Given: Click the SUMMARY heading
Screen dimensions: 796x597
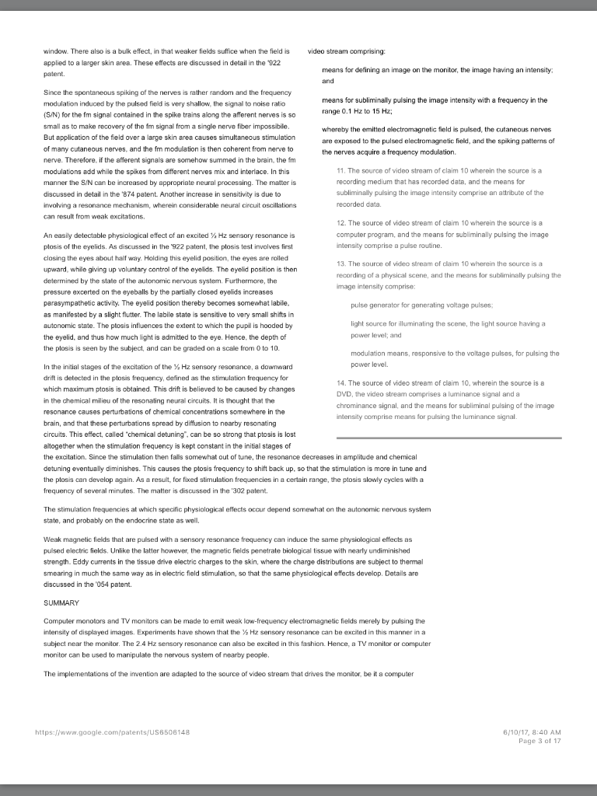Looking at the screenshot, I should (61, 602).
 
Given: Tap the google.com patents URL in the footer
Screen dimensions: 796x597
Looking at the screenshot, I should (113, 731).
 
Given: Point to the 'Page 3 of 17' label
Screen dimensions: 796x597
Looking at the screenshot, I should (539, 740).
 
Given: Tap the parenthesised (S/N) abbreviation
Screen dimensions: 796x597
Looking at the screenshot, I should (53, 113).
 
